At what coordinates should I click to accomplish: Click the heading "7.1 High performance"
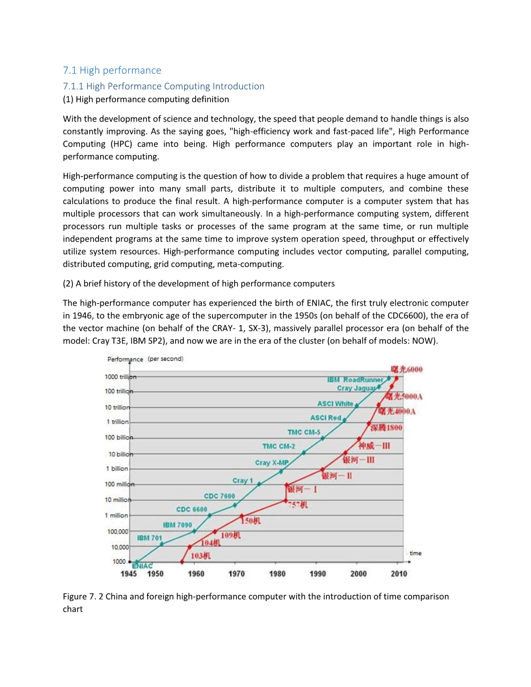point(112,70)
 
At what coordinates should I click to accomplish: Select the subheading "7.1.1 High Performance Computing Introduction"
point(164,86)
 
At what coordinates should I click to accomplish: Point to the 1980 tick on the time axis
point(277,574)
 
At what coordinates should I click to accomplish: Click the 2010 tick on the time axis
point(398,574)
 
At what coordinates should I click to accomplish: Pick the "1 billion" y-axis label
point(117,469)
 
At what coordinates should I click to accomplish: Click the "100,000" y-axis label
point(117,531)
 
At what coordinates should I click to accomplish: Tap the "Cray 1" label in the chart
point(243,481)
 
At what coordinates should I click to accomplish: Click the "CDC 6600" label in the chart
point(191,510)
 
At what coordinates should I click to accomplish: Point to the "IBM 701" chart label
point(149,538)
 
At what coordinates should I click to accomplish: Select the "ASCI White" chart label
point(335,404)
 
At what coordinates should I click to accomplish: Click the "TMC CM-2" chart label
point(278,446)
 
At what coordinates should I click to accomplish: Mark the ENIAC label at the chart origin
point(142,566)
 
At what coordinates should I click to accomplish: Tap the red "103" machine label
point(201,556)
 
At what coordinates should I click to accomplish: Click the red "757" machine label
point(298,505)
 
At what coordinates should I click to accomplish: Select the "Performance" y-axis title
point(125,359)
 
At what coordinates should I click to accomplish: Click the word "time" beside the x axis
point(416,553)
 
